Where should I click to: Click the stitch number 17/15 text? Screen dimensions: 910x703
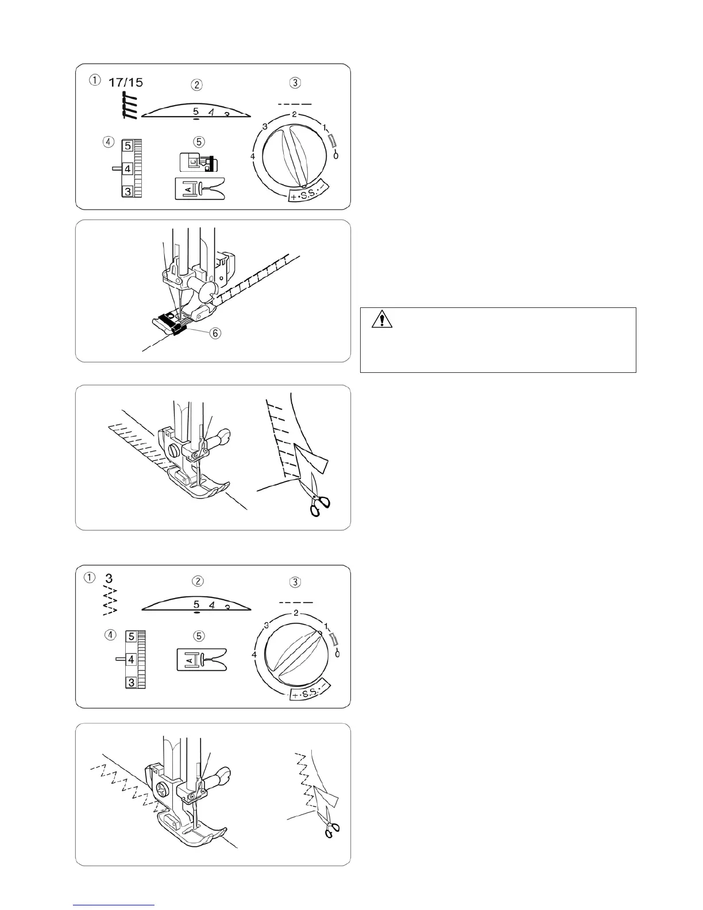(x=126, y=82)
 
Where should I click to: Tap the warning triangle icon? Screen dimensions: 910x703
(x=381, y=319)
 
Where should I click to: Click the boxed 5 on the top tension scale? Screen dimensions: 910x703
(x=128, y=146)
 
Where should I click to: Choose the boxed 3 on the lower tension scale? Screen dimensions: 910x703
(x=132, y=682)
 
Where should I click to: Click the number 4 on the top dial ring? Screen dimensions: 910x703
(x=253, y=156)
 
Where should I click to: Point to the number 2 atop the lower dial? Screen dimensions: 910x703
(x=295, y=612)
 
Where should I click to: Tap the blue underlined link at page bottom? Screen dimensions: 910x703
(x=114, y=905)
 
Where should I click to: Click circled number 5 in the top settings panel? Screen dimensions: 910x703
(x=197, y=141)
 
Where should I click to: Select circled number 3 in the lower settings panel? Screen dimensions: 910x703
(x=295, y=581)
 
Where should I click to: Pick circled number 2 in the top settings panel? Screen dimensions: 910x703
(x=197, y=84)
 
